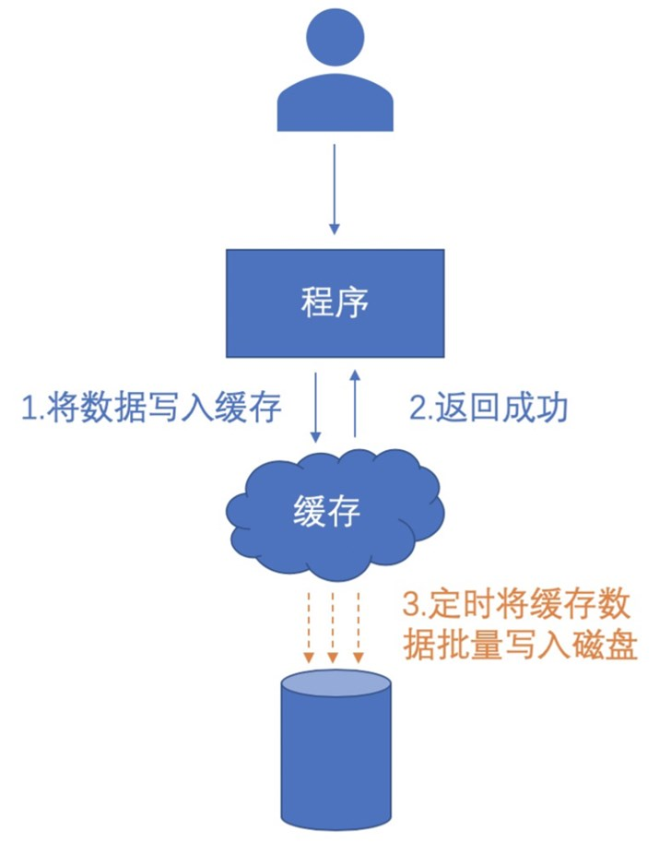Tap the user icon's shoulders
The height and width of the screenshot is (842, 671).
tap(335, 106)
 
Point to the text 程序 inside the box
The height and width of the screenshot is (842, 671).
tap(335, 302)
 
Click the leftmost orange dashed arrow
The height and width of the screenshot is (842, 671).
tap(309, 627)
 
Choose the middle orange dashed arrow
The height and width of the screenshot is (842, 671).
tap(334, 627)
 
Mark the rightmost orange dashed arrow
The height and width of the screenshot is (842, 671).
tap(359, 627)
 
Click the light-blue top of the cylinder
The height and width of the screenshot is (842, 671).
tap(335, 683)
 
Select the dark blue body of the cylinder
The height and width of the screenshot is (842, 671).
tap(335, 765)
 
